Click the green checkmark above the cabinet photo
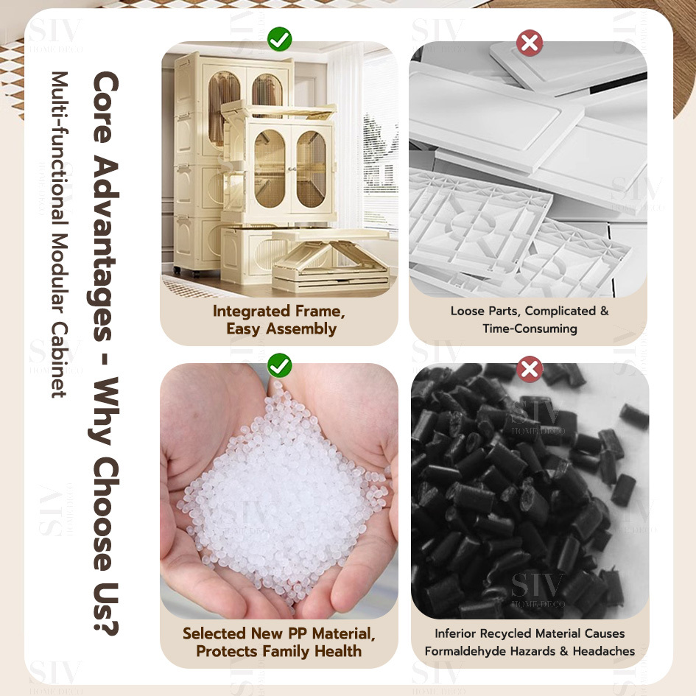click(280, 39)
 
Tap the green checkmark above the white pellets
click(280, 365)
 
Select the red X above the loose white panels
click(530, 43)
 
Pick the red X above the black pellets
click(530, 369)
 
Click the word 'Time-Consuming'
click(530, 328)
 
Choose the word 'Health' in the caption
click(338, 651)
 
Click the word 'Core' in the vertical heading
click(105, 107)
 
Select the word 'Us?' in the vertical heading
click(105, 608)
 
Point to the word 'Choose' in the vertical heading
click(105, 514)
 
